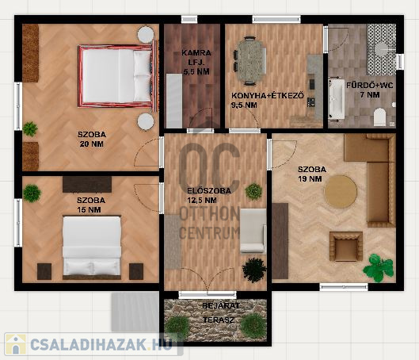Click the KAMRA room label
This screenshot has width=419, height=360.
196,52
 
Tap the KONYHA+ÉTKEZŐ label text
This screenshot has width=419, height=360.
268,95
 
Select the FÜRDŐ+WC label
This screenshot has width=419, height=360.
370,86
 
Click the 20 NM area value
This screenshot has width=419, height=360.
92,144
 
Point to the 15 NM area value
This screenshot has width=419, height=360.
89,209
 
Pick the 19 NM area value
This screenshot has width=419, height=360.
310,178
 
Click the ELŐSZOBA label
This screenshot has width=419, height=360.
209,190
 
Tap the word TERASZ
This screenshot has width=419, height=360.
219,320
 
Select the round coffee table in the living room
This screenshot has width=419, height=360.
341,192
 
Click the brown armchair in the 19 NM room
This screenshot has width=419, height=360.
346,247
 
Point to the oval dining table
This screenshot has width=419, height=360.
251,61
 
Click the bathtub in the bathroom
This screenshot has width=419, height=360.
337,99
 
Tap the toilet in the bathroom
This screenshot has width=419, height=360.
380,117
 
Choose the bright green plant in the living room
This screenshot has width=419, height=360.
379,268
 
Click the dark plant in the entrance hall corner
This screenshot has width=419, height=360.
254,270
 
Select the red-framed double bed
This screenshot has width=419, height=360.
117,76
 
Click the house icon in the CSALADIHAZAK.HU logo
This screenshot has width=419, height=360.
16,344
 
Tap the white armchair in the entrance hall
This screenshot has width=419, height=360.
253,231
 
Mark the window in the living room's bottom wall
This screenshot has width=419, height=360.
344,287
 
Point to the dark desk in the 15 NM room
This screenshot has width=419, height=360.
87,184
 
